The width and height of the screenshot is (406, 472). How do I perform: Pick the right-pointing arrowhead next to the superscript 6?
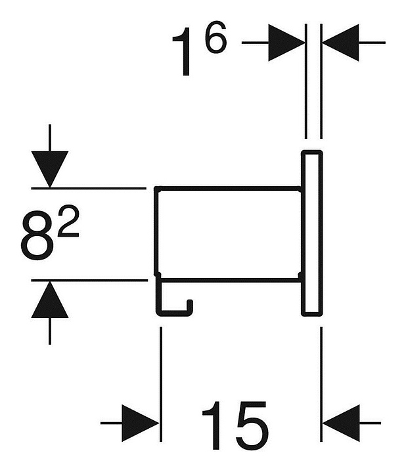pos(286,43)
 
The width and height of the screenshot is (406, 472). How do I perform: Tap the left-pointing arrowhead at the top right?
pos(340,43)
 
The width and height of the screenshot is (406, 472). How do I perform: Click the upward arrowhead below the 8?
pos(49,300)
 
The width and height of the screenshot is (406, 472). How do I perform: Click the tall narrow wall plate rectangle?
pos(311,233)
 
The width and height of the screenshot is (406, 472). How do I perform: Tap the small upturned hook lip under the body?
pos(190,305)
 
